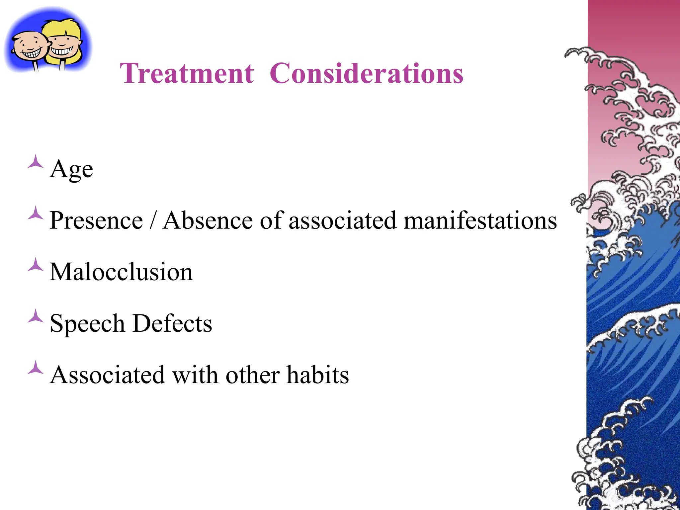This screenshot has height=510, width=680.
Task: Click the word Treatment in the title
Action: pyautogui.click(x=187, y=73)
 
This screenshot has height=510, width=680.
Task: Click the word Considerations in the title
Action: pyautogui.click(x=366, y=73)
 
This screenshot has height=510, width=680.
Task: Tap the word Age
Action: pyautogui.click(x=71, y=169)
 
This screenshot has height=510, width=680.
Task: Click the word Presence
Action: pyautogui.click(x=96, y=220)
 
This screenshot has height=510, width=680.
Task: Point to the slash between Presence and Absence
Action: pyautogui.click(x=153, y=220)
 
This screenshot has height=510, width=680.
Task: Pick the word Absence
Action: pyautogui.click(x=208, y=220)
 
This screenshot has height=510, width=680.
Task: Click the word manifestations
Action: pyautogui.click(x=480, y=220)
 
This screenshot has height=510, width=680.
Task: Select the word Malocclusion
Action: pyautogui.click(x=121, y=272)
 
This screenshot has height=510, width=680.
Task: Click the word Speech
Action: pyautogui.click(x=87, y=323)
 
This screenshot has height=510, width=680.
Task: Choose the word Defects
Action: pyautogui.click(x=172, y=323)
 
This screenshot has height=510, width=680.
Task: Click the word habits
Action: pyautogui.click(x=318, y=375)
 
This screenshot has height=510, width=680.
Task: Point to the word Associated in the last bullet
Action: pyautogui.click(x=107, y=375)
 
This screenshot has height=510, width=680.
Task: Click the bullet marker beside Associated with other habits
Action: pyautogui.click(x=36, y=368)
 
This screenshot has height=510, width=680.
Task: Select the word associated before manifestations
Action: pyautogui.click(x=342, y=220)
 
